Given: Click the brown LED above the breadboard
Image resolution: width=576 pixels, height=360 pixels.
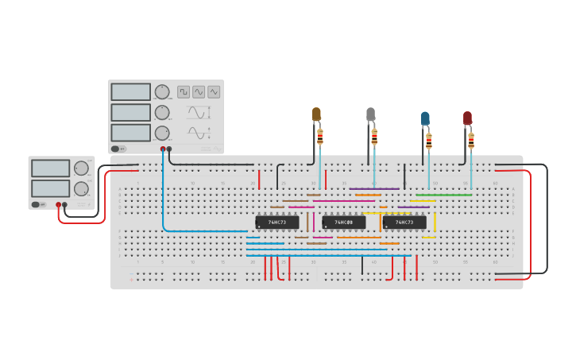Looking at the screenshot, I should pyautogui.click(x=316, y=114).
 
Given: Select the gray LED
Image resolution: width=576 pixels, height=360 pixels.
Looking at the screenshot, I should pyautogui.click(x=370, y=114).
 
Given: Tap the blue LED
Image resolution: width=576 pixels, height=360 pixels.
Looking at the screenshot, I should pyautogui.click(x=425, y=119).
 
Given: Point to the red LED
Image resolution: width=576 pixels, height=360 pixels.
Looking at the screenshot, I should pyautogui.click(x=467, y=118).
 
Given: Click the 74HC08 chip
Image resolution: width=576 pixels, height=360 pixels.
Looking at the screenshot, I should pyautogui.click(x=344, y=223).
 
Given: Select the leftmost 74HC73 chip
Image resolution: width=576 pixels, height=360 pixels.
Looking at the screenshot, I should pyautogui.click(x=276, y=223).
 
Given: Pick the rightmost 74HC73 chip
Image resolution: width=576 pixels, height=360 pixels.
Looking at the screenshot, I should pyautogui.click(x=404, y=223).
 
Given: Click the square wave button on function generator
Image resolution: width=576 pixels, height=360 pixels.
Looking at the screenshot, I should pyautogui.click(x=184, y=91).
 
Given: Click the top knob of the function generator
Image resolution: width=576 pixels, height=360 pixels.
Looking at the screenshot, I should pyautogui.click(x=162, y=91).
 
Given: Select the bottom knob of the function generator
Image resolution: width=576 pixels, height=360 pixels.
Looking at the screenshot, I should pyautogui.click(x=162, y=133).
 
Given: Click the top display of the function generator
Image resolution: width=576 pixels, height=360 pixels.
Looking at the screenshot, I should pyautogui.click(x=131, y=91).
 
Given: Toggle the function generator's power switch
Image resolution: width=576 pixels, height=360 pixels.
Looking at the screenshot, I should pyautogui.click(x=116, y=149).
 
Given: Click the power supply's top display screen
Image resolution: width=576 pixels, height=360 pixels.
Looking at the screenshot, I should pyautogui.click(x=51, y=168).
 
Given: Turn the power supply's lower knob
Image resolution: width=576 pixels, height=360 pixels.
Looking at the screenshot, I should pyautogui.click(x=81, y=189).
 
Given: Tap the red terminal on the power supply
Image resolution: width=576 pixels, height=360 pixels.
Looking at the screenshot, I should pyautogui.click(x=58, y=205).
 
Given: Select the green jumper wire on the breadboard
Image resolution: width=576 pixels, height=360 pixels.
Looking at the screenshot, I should pyautogui.click(x=443, y=195).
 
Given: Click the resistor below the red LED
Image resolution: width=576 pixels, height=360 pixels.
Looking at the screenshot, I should pyautogui.click(x=471, y=141).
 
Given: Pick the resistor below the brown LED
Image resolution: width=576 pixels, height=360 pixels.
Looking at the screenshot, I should pyautogui.click(x=320, y=137).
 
